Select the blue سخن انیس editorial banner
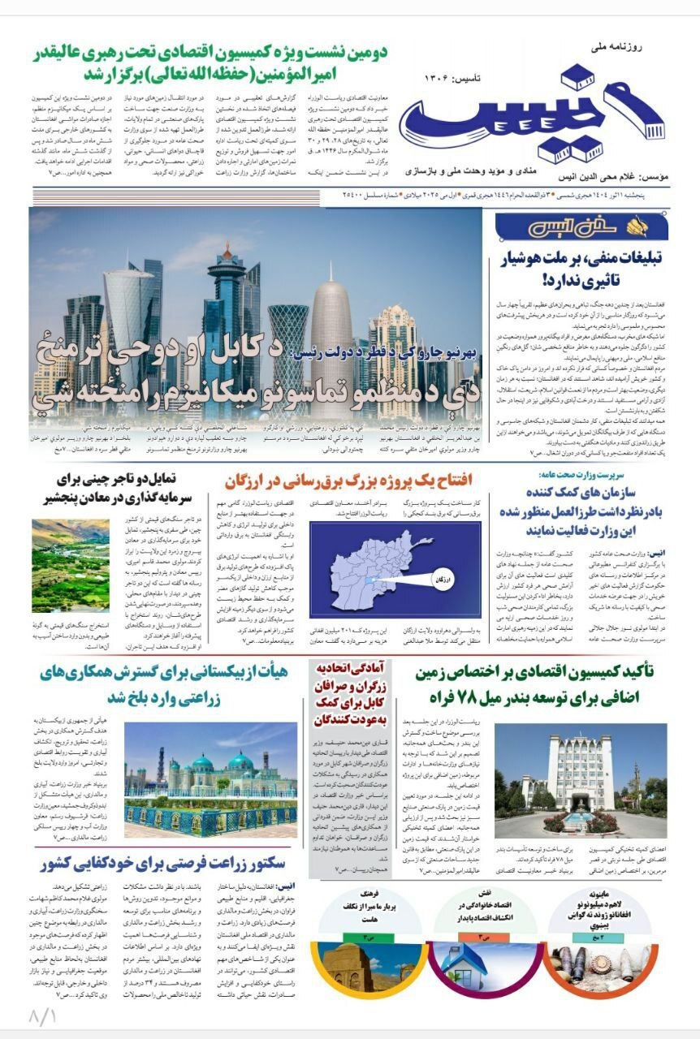[581, 228]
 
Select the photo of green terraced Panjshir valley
[71, 554]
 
